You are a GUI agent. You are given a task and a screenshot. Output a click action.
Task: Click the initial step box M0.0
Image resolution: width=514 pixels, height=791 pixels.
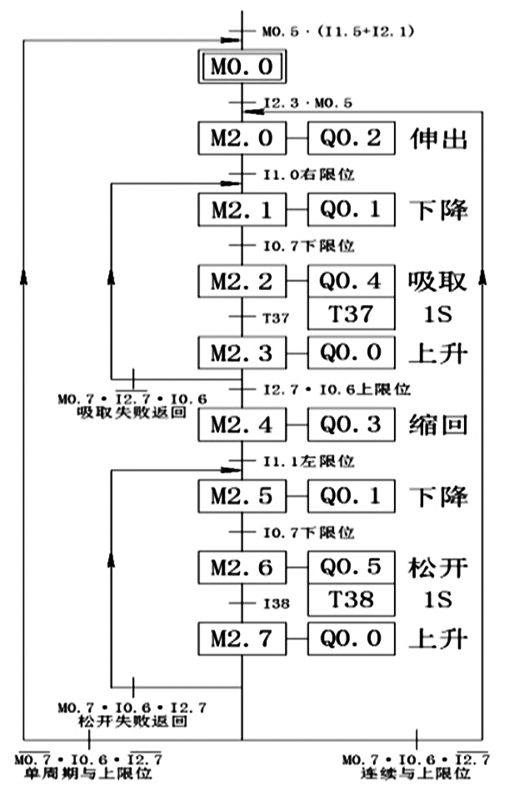(242, 68)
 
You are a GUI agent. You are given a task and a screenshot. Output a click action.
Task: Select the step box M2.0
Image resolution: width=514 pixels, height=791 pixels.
(242, 138)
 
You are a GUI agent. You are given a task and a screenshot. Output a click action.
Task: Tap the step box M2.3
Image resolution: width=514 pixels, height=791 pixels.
(242, 353)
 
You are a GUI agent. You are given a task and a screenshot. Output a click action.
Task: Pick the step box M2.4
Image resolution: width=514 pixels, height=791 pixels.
(242, 425)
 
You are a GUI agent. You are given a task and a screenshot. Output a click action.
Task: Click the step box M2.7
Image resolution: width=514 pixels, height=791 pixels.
(242, 639)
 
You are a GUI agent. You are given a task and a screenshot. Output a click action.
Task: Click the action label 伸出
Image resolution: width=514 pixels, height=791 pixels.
(437, 138)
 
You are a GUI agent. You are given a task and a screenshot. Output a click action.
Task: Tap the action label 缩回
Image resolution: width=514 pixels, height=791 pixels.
(437, 425)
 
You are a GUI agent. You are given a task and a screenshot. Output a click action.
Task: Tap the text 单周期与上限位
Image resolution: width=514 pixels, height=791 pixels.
(87, 773)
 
